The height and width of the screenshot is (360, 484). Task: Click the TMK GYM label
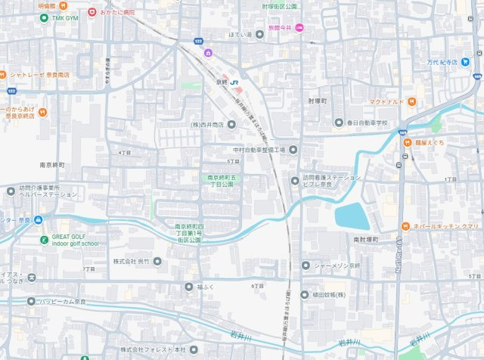point(60,17)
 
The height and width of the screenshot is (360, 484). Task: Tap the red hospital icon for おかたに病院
point(92,12)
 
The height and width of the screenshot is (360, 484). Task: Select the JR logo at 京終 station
point(235,82)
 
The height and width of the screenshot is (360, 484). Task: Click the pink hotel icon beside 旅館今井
point(299,28)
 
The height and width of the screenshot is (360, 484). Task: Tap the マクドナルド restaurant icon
point(411,101)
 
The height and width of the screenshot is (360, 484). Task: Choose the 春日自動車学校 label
point(367,123)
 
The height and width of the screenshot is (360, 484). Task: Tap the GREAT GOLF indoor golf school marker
point(45,240)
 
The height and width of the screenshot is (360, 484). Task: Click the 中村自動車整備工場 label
point(259,150)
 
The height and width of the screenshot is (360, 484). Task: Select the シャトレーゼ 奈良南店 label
point(39,75)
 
